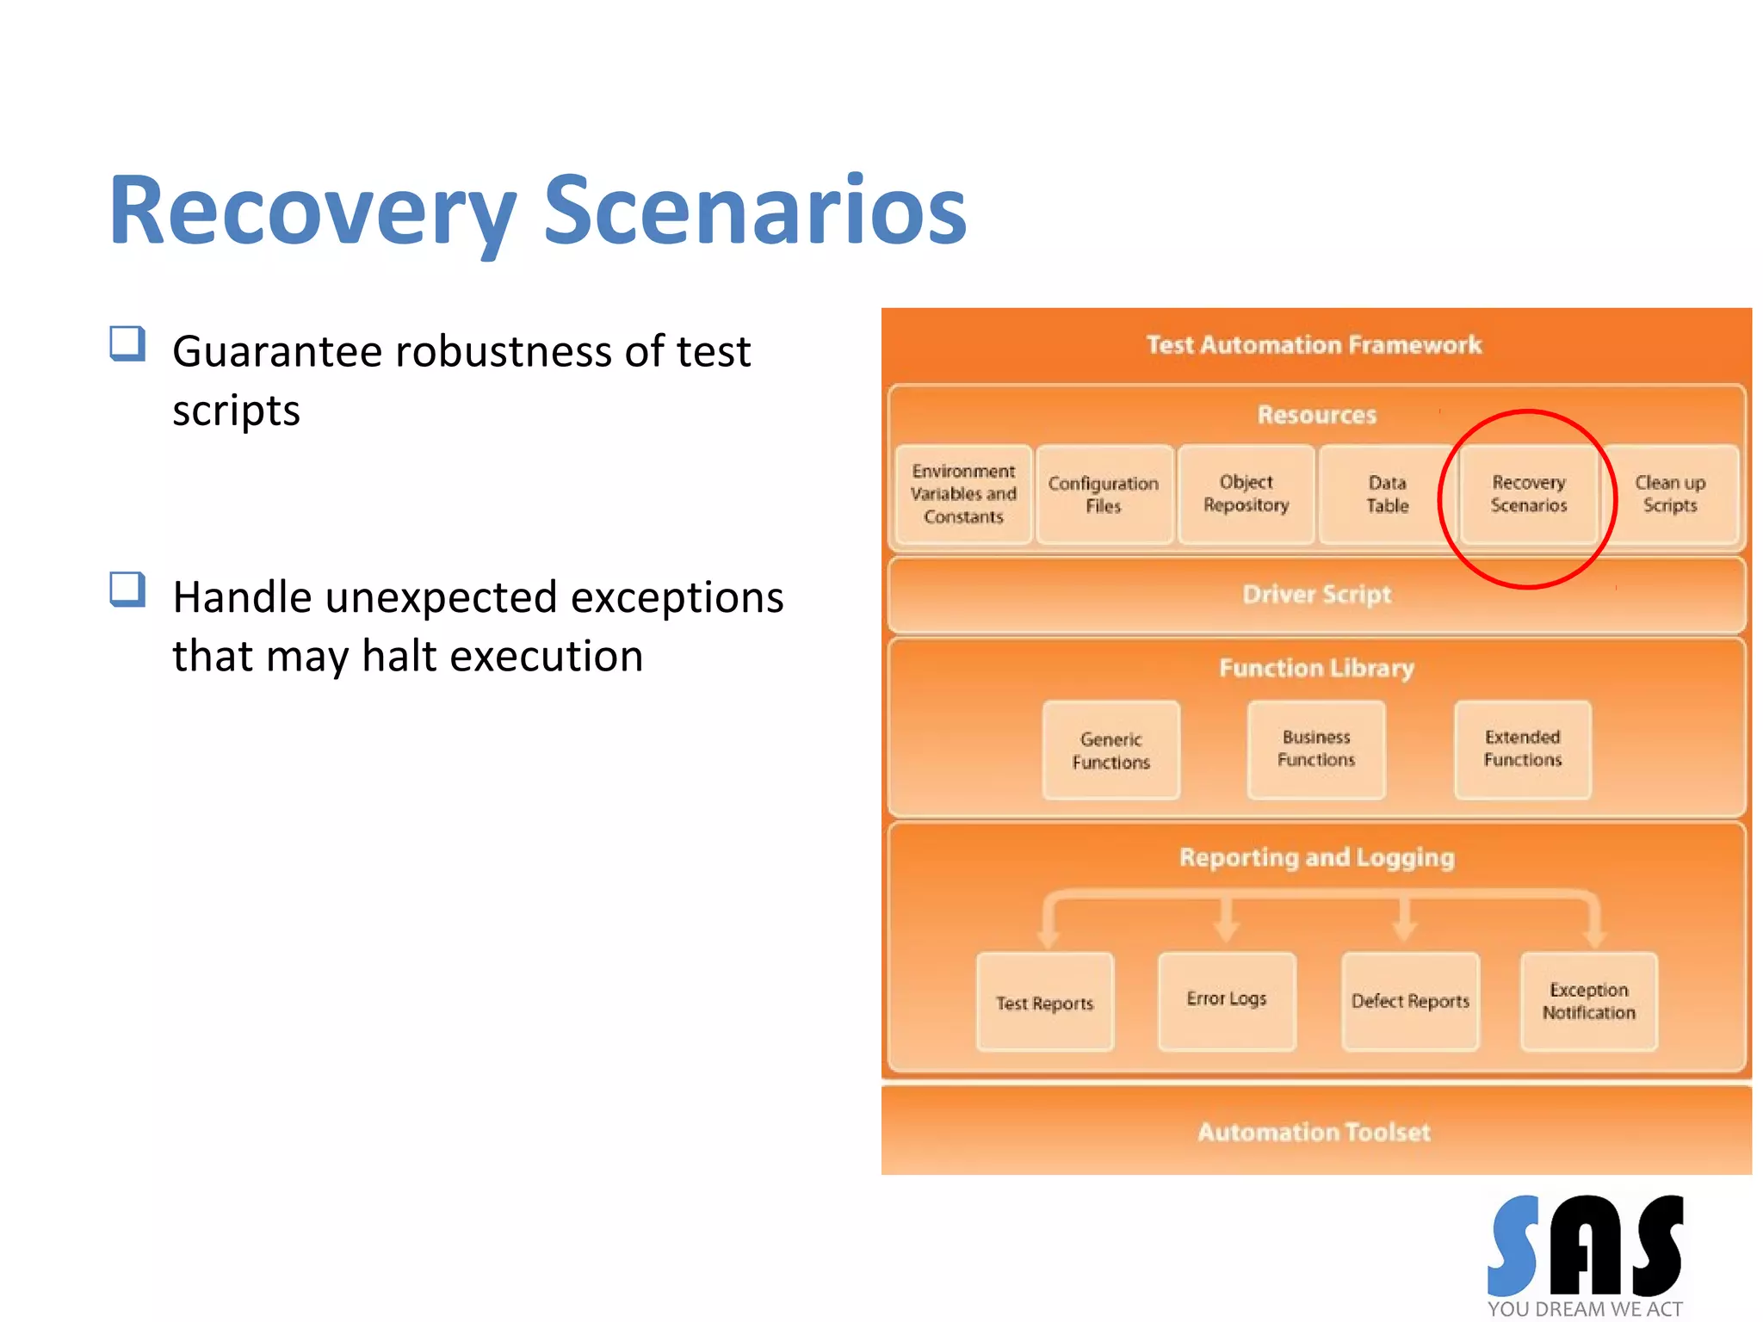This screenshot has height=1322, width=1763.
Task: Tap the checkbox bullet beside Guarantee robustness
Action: (x=127, y=343)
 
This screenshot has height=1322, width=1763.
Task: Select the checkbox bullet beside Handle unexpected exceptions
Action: (x=127, y=590)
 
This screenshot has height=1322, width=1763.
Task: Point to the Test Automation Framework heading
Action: (x=1314, y=345)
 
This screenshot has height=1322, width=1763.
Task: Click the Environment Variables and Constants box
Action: (x=963, y=494)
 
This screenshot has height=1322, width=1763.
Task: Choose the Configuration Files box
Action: (x=1104, y=494)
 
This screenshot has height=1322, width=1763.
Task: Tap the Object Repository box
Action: (x=1246, y=494)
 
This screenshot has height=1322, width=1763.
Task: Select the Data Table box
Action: (x=1387, y=494)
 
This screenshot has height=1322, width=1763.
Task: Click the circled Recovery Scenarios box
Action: (x=1528, y=494)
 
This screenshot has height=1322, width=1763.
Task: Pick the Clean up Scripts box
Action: (x=1670, y=494)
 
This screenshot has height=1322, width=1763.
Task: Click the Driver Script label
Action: (x=1316, y=595)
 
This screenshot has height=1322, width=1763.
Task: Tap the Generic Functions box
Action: (x=1110, y=751)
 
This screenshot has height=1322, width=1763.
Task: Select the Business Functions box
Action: (x=1315, y=749)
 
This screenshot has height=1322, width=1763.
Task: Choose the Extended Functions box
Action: (x=1522, y=749)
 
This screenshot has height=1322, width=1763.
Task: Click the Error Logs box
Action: (x=1227, y=1000)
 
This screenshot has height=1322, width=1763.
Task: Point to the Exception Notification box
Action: (x=1588, y=1001)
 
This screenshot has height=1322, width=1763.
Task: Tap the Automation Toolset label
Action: (x=1314, y=1132)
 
